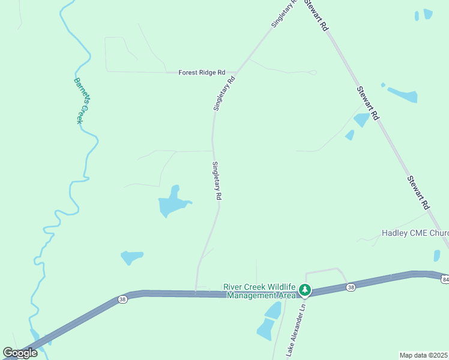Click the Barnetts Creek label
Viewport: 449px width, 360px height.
[x=82, y=100]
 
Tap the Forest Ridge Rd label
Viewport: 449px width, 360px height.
[x=202, y=72]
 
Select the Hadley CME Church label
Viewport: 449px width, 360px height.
[x=415, y=233]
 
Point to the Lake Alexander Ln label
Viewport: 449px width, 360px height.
[x=296, y=330]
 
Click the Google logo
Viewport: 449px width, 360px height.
[x=20, y=353]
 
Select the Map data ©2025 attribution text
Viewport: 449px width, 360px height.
[x=424, y=355]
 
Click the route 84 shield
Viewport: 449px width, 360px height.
[x=445, y=280]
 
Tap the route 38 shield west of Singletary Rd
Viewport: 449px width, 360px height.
[x=122, y=299]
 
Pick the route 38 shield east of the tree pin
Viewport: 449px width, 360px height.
[x=350, y=288]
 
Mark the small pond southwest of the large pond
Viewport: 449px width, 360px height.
[x=131, y=257]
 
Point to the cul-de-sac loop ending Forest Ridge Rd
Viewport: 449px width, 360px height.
[x=312, y=73]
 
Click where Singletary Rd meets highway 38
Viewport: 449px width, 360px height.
[x=196, y=293]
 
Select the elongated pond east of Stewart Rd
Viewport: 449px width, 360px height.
[x=402, y=94]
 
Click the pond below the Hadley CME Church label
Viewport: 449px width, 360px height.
[x=437, y=256]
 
